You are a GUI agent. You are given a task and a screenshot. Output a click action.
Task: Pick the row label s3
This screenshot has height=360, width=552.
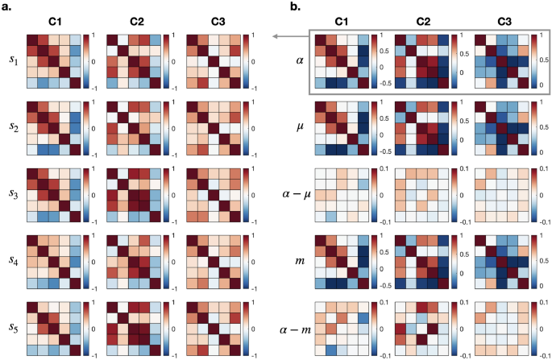[11, 195]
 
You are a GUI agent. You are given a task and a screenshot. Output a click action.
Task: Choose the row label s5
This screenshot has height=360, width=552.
[11, 329]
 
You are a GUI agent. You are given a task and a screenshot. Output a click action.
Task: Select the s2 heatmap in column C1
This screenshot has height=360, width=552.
[53, 127]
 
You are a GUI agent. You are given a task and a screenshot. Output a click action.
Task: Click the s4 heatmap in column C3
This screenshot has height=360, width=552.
[213, 262]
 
